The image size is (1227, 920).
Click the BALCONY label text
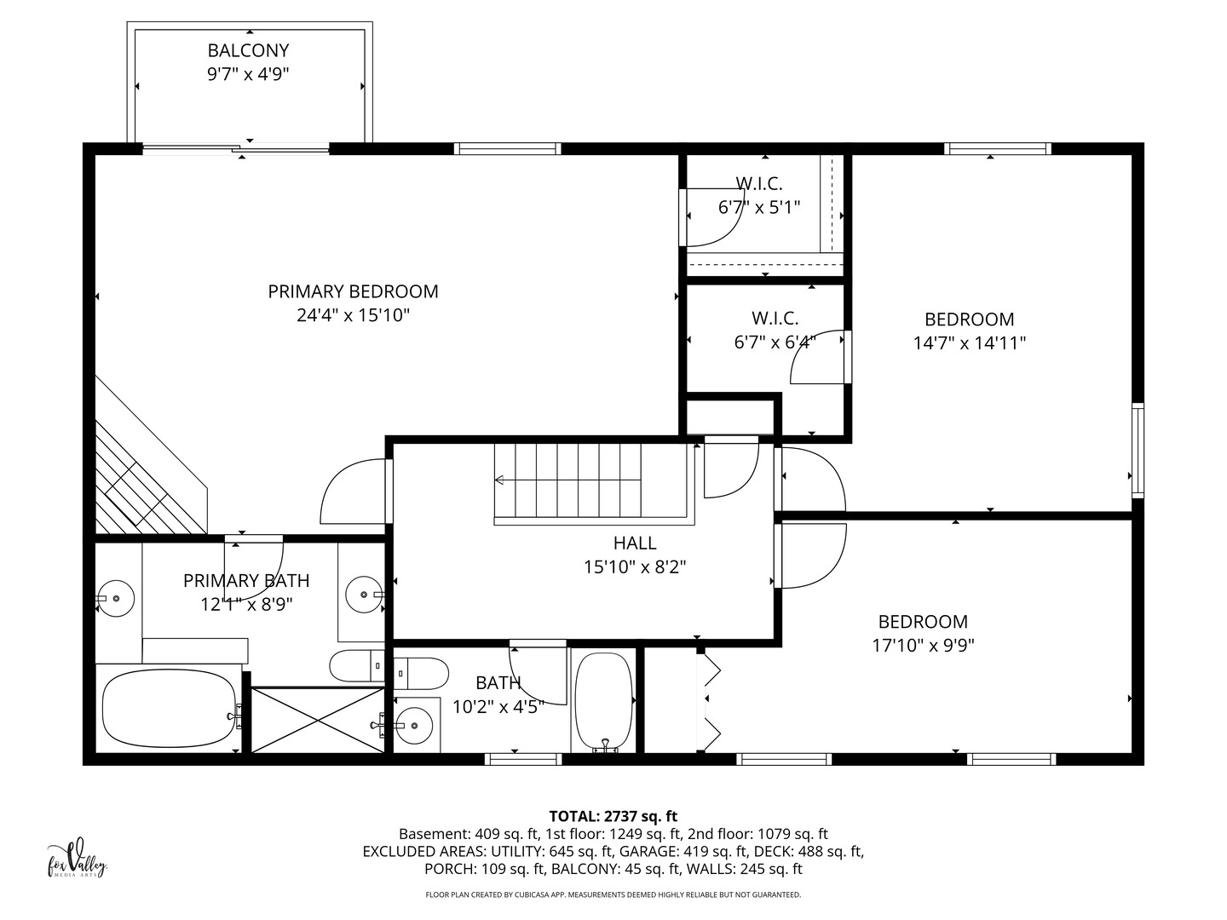click(248, 51)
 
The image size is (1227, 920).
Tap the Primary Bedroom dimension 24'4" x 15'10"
click(354, 315)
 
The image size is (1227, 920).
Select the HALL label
click(635, 543)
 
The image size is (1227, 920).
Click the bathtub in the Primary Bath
click(170, 708)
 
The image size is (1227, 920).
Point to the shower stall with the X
click(318, 720)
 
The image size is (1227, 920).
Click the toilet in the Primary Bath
click(357, 665)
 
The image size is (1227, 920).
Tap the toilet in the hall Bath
click(421, 673)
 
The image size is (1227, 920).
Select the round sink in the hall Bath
click(413, 726)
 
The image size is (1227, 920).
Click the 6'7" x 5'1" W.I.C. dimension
click(759, 208)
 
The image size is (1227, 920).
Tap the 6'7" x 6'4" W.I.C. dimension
click(775, 342)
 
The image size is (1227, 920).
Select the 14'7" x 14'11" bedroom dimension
click(970, 343)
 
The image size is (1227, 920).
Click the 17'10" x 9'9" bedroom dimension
click(923, 646)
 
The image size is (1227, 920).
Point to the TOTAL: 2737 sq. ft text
click(613, 817)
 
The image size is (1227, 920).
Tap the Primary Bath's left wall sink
click(116, 598)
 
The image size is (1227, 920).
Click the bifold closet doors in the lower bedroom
click(711, 700)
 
